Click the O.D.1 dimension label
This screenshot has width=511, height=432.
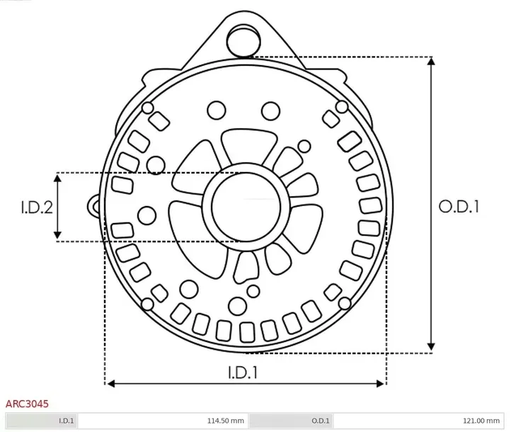(x=459, y=207)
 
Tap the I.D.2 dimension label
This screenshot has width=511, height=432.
(x=36, y=208)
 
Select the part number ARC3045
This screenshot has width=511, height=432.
(x=27, y=404)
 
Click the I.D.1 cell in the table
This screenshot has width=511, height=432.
(x=66, y=421)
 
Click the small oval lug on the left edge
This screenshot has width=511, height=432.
(x=94, y=205)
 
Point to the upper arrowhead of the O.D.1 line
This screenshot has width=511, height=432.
(x=431, y=61)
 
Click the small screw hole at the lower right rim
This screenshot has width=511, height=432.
(x=345, y=303)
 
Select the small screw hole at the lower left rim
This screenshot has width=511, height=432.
(x=148, y=305)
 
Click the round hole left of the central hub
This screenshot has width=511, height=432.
(x=147, y=214)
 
